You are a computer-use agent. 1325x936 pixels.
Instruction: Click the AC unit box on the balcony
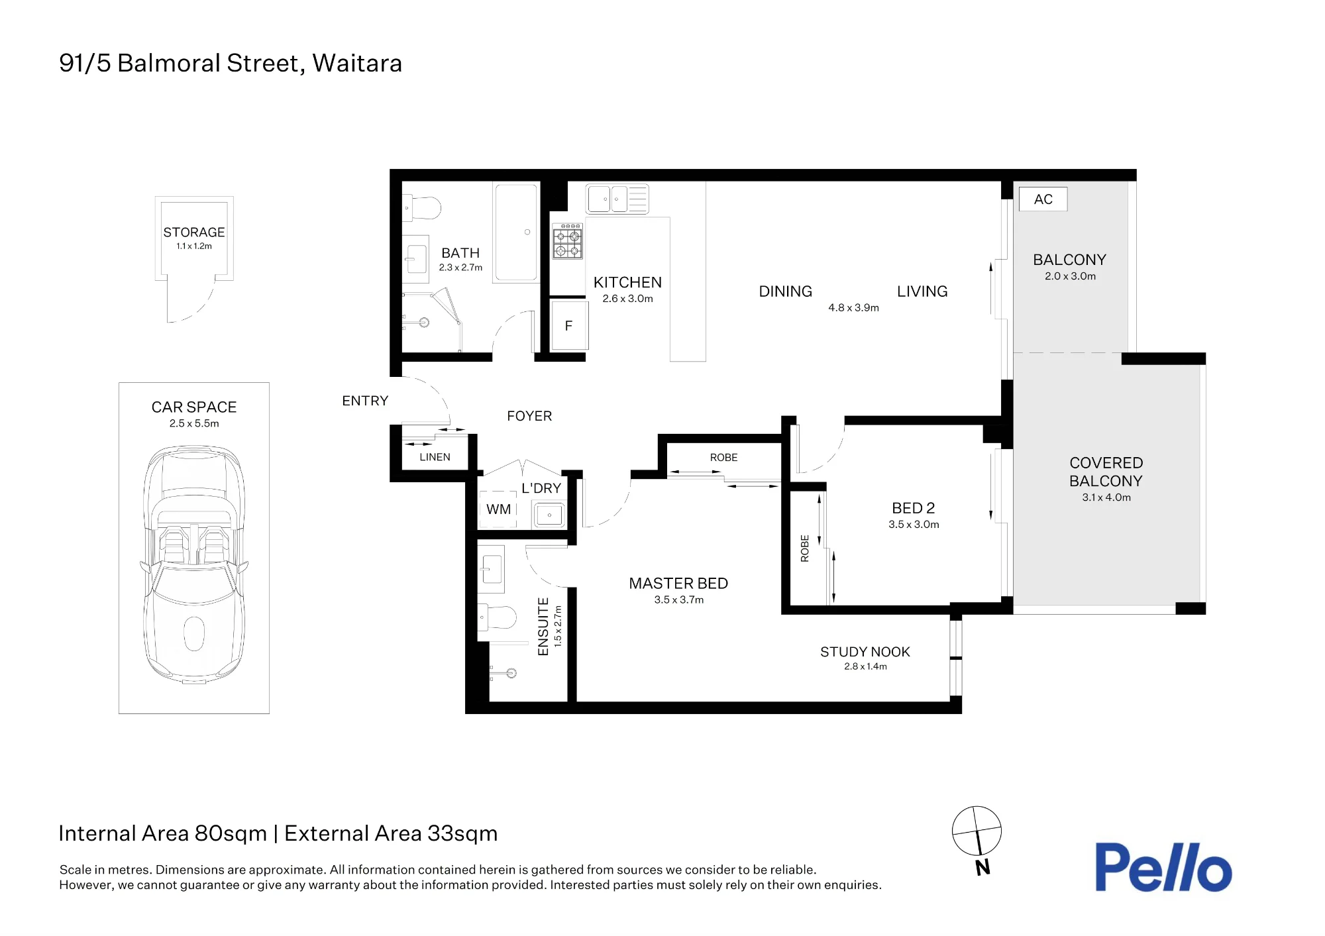(1043, 199)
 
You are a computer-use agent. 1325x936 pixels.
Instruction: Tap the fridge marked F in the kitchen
(569, 325)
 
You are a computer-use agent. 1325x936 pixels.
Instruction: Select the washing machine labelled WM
(498, 509)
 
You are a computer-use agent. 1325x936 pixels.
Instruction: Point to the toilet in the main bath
(422, 208)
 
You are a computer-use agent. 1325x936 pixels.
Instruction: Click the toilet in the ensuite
(497, 618)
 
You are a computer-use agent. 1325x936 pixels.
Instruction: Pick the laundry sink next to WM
(549, 514)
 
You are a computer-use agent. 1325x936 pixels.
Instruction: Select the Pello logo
(1163, 867)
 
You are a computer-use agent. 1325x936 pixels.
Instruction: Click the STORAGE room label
(194, 233)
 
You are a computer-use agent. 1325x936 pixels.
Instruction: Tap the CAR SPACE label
(194, 407)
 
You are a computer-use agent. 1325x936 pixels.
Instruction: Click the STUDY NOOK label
(865, 652)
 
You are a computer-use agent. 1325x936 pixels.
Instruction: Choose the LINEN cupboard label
(435, 457)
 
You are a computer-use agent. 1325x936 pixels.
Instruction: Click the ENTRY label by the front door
(365, 401)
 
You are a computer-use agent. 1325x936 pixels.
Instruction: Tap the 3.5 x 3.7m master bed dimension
(679, 599)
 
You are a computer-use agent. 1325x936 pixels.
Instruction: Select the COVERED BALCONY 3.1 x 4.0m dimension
(1106, 497)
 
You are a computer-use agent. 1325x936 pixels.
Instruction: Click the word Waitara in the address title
(357, 64)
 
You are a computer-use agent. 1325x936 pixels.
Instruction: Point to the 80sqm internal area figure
(231, 833)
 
